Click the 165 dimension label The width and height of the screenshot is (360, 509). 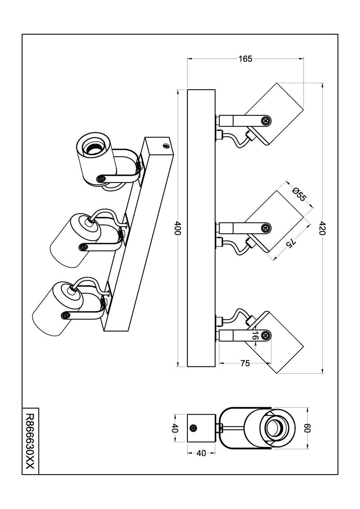(x=245, y=59)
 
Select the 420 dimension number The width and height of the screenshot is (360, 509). (x=322, y=228)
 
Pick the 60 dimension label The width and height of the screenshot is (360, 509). (x=307, y=428)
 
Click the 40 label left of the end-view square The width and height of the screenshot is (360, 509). (x=175, y=428)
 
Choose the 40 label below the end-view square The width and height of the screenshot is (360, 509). (x=201, y=453)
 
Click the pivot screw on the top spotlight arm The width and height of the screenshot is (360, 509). (x=266, y=120)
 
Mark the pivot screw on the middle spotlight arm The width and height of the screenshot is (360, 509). (x=266, y=228)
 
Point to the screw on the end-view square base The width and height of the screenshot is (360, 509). (x=194, y=428)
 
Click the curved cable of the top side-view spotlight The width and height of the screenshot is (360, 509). (x=234, y=139)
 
